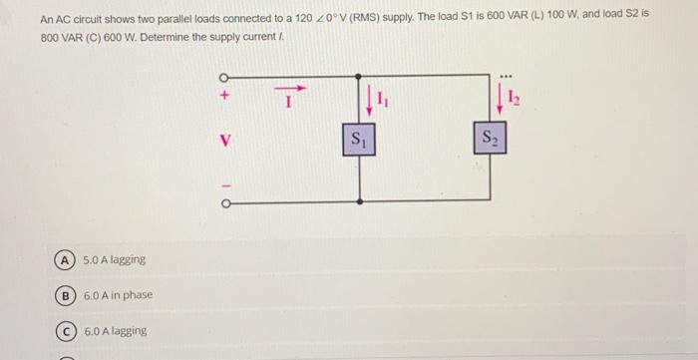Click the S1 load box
358,139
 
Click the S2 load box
492,139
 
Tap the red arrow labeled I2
501,99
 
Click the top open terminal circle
223,78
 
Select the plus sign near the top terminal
224,97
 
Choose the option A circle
64,259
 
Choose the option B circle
64,295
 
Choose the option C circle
64,331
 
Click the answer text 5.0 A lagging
115,259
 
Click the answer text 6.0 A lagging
115,331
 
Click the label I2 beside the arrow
514,98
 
